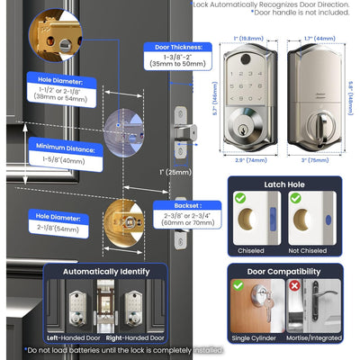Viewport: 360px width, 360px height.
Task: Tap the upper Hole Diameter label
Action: (x=60, y=78)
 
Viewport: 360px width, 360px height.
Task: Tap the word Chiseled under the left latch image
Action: (x=249, y=251)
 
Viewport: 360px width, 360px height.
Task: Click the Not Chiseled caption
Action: (x=316, y=251)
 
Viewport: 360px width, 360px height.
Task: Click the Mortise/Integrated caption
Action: (x=316, y=337)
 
